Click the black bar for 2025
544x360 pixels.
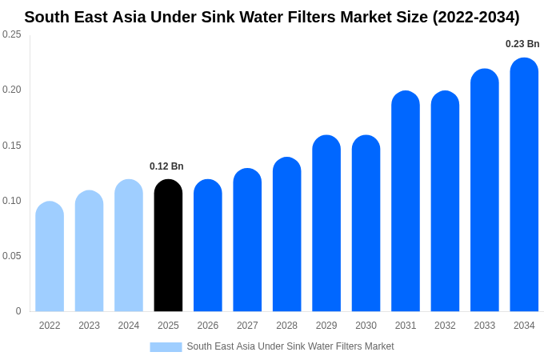168,246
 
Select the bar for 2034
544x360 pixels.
524,185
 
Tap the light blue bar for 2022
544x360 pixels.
50,257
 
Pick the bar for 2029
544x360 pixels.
326,223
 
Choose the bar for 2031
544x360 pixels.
406,202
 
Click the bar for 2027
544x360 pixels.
247,240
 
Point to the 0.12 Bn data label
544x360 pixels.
166,166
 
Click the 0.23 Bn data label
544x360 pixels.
522,44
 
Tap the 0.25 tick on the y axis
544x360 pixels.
12,34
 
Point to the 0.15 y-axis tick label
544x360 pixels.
12,146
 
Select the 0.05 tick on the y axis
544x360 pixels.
12,256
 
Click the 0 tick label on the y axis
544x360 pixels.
18,311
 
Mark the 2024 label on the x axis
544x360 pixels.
129,326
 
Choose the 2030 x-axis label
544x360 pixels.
366,326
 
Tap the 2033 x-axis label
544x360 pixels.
484,326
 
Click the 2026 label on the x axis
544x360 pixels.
208,326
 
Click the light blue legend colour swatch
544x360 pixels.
166,346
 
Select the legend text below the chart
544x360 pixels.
290,346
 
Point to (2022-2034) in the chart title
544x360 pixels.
475,17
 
